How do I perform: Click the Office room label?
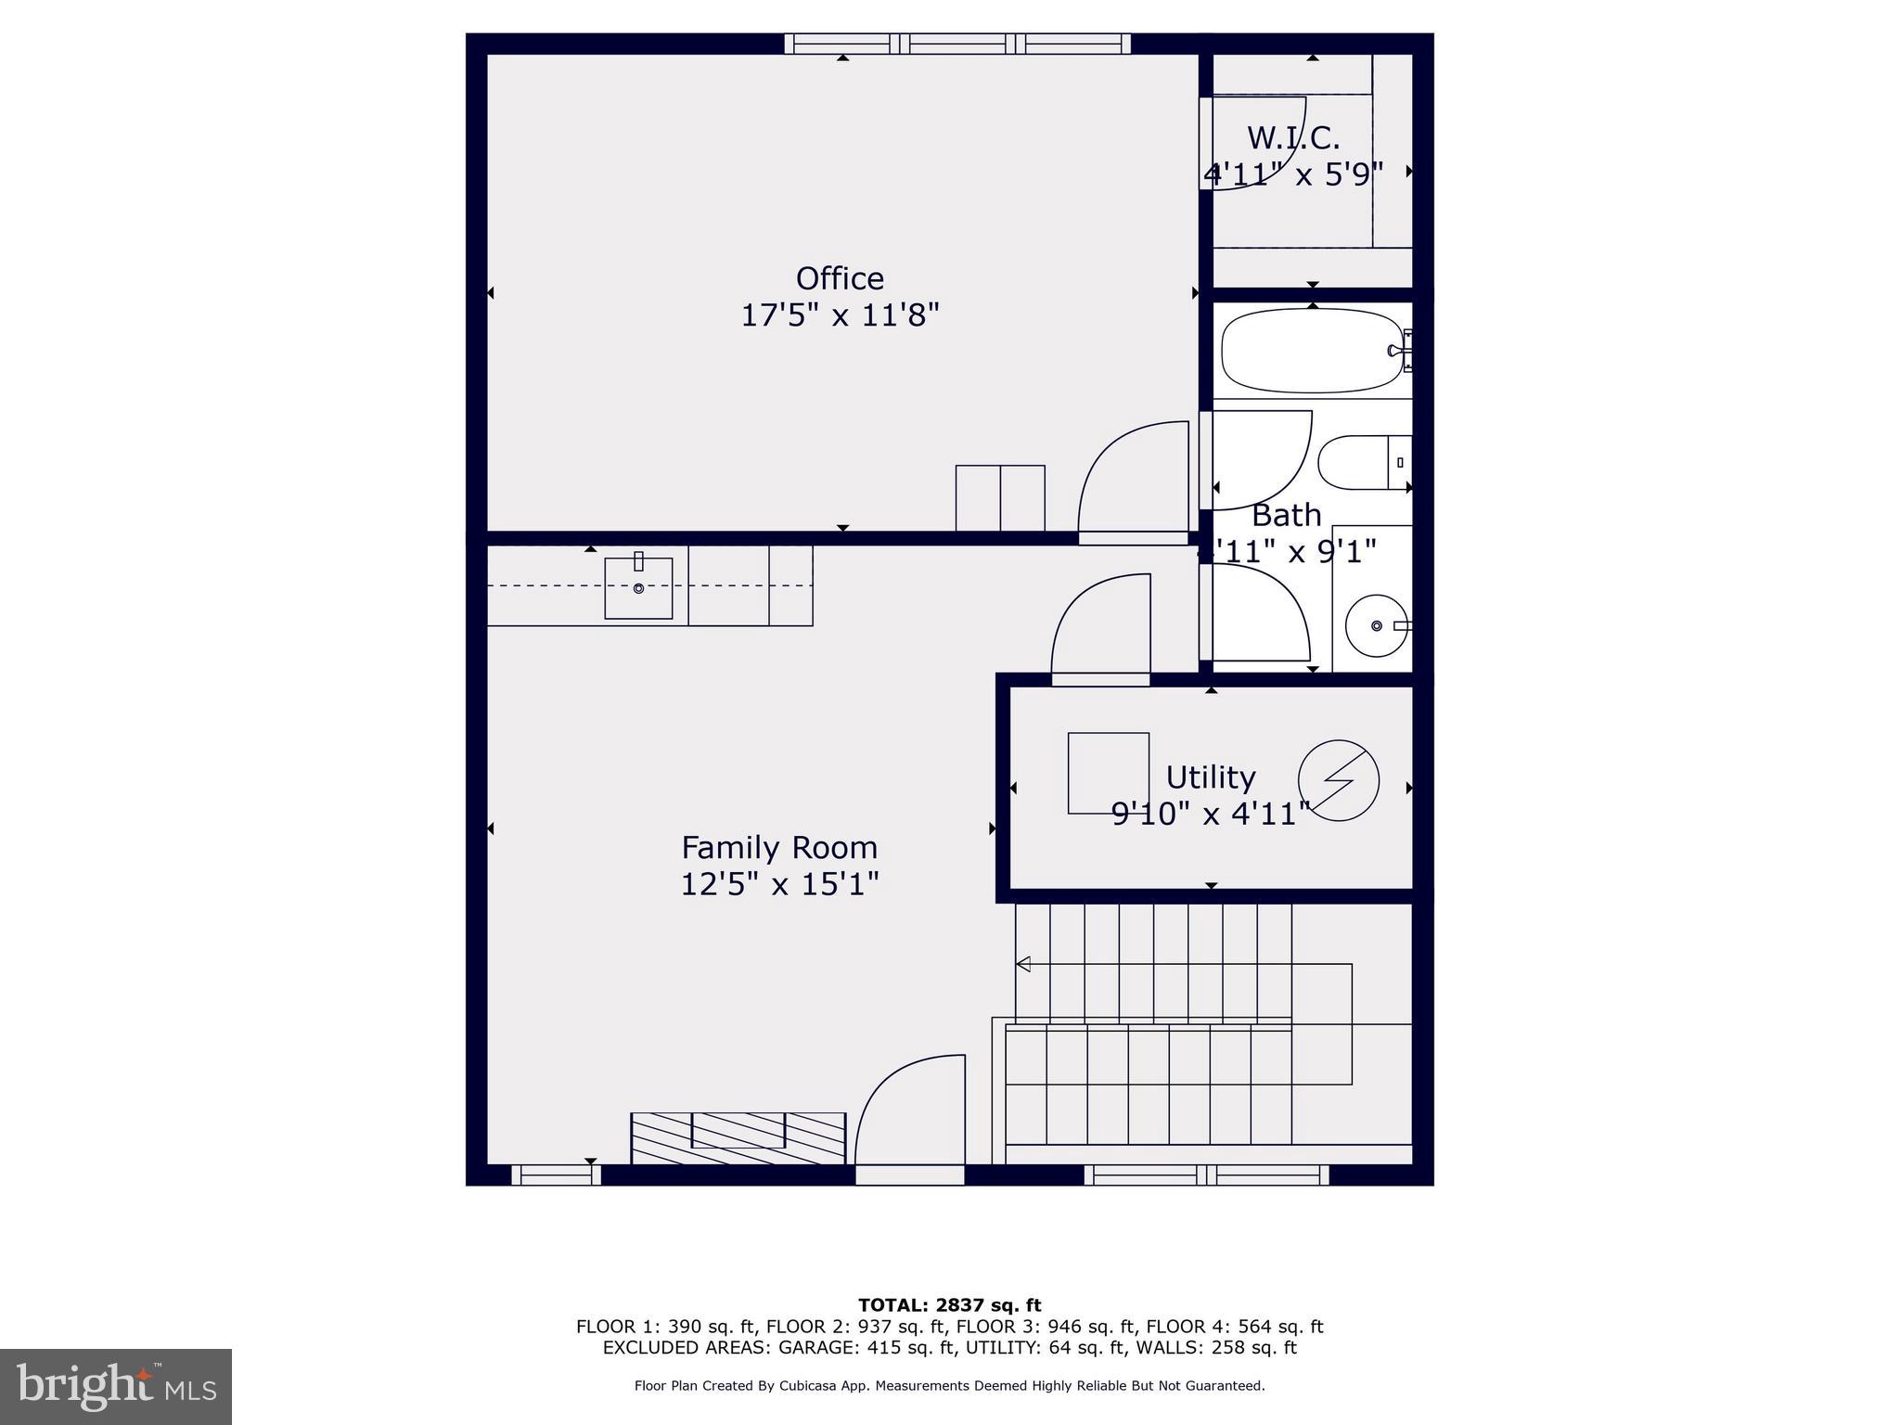point(840,278)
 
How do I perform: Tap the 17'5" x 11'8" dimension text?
point(840,315)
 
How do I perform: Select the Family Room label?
point(779,847)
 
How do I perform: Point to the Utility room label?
point(1210,777)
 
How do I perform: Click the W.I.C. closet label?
point(1293,138)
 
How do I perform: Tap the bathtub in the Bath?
point(1312,351)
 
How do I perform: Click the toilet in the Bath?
point(1362,462)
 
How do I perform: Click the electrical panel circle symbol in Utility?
point(1338,780)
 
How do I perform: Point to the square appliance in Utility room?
point(1108,773)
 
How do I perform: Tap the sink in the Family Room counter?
point(638,588)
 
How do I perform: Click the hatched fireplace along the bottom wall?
point(738,1138)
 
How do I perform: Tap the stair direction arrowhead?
point(1023,964)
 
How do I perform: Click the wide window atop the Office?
point(957,44)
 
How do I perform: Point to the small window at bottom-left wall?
point(556,1175)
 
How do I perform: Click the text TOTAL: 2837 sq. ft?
point(949,1305)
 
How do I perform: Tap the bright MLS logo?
point(116,1386)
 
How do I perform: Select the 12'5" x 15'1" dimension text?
point(779,884)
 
